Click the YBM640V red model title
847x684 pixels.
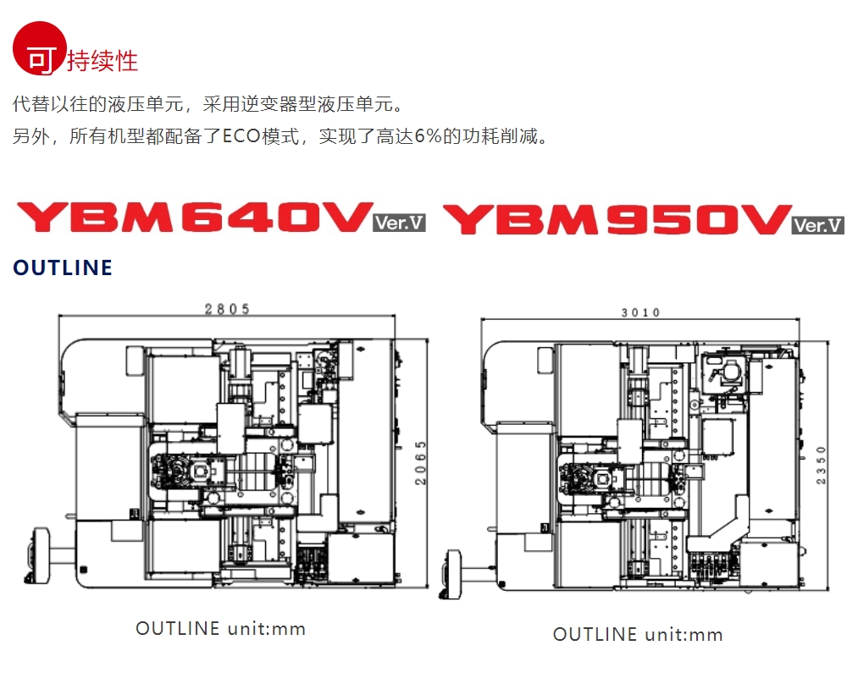pyautogui.click(x=195, y=218)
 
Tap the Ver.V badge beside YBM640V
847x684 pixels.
pyautogui.click(x=399, y=223)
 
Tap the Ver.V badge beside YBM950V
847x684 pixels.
pyautogui.click(x=818, y=225)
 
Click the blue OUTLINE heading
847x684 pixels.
pyautogui.click(x=63, y=268)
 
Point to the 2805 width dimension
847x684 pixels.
pyautogui.click(x=227, y=309)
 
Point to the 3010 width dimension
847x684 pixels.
pyautogui.click(x=640, y=312)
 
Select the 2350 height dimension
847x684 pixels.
pyautogui.click(x=820, y=465)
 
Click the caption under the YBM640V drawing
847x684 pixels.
pyautogui.click(x=220, y=629)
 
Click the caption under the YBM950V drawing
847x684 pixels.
pyautogui.click(x=638, y=635)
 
